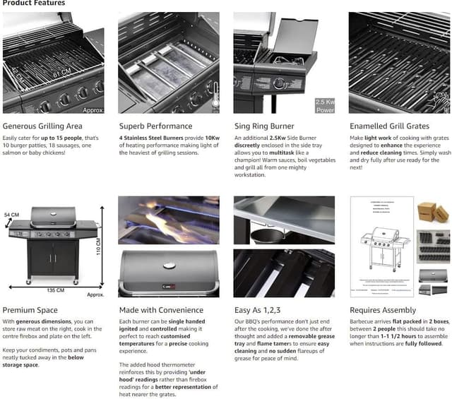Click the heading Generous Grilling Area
click(43, 126)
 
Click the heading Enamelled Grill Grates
click(389, 126)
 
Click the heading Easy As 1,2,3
click(258, 310)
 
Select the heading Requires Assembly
click(383, 310)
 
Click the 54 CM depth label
click(12, 214)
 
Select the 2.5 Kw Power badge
click(325, 106)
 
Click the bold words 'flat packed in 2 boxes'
click(421, 321)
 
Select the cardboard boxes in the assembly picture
click(432, 213)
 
